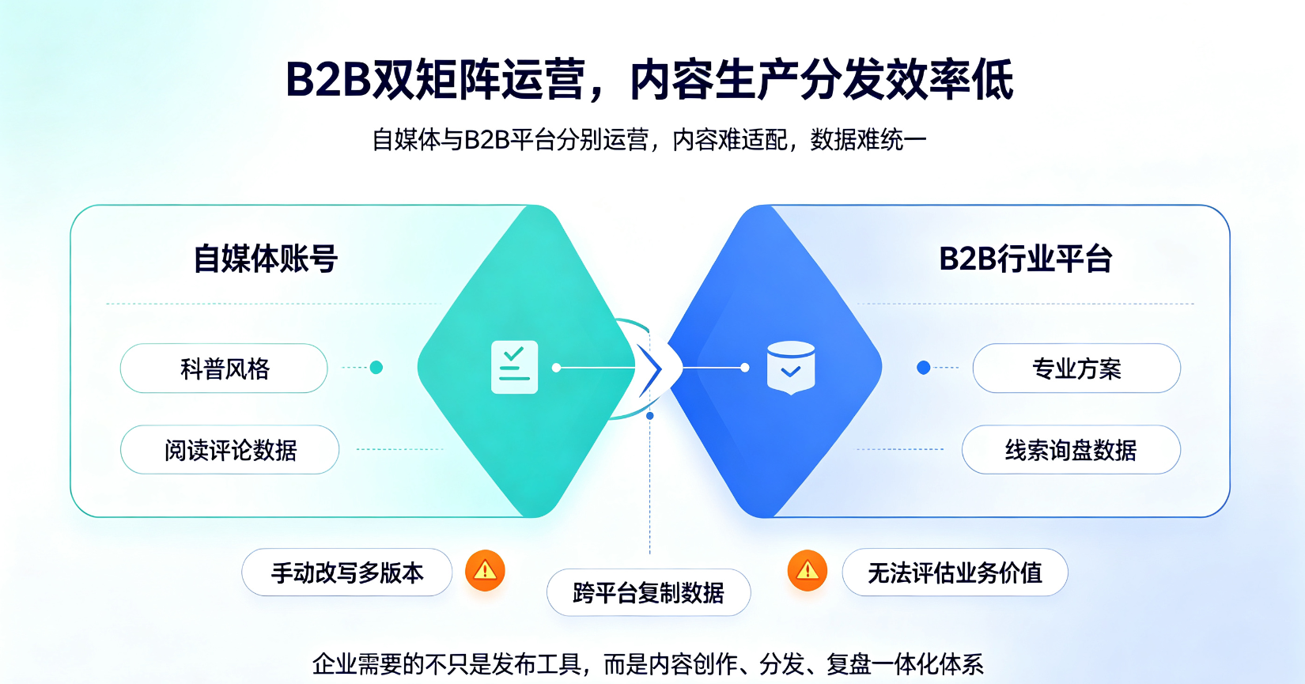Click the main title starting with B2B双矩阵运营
click(x=649, y=80)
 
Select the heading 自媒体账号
click(x=265, y=259)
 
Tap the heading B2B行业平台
click(x=1025, y=259)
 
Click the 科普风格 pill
click(x=224, y=368)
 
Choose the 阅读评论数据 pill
click(x=229, y=450)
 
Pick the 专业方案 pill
click(x=1076, y=368)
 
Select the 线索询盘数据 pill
click(x=1071, y=450)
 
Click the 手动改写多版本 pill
click(x=346, y=573)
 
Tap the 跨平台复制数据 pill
click(x=649, y=592)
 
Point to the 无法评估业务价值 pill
click(x=955, y=573)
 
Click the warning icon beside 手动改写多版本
click(x=485, y=570)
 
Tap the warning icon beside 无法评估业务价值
click(x=807, y=570)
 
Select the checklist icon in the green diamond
click(x=514, y=367)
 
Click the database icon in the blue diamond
click(x=791, y=368)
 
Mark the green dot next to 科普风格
click(x=376, y=368)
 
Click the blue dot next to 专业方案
click(x=924, y=368)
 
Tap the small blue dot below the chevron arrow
click(x=650, y=416)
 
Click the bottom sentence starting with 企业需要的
click(x=648, y=664)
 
